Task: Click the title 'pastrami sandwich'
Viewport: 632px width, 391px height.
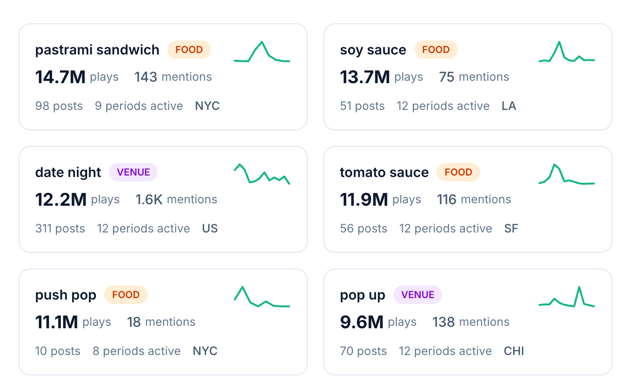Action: tap(97, 50)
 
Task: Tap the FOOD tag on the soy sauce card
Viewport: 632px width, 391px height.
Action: tap(435, 50)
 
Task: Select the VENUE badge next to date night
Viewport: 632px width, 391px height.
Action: tap(133, 172)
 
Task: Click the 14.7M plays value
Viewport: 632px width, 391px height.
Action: tap(60, 77)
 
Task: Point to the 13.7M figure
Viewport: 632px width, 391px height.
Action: tap(365, 77)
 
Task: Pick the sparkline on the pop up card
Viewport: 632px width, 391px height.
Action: tap(567, 298)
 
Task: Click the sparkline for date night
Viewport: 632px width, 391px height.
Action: tap(262, 174)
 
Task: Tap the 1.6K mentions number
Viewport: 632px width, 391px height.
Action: tap(149, 199)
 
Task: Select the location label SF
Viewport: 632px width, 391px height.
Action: tap(511, 229)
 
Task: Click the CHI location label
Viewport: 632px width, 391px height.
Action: tap(514, 351)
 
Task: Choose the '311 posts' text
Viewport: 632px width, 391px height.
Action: tap(60, 229)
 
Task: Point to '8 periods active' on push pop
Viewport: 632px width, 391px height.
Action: tap(136, 351)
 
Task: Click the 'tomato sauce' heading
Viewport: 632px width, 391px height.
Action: tap(384, 173)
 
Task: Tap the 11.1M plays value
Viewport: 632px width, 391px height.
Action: tap(56, 322)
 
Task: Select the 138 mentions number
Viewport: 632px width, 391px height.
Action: tap(443, 322)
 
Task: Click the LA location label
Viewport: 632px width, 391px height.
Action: tap(509, 106)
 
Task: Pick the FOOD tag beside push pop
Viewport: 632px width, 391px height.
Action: tap(126, 295)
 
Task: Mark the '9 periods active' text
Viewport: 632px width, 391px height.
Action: tap(139, 106)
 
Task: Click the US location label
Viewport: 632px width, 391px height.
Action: tap(210, 229)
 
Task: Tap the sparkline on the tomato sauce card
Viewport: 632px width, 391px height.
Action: tap(567, 175)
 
